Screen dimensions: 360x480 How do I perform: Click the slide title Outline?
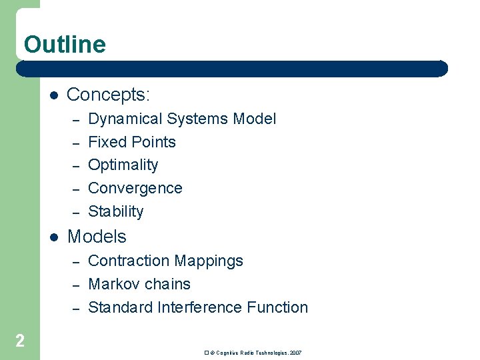[65, 45]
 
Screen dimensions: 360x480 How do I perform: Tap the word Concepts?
[107, 95]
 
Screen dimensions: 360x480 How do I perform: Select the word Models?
[97, 237]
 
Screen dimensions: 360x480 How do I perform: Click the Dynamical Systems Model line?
[181, 119]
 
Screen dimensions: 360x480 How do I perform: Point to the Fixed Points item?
[132, 142]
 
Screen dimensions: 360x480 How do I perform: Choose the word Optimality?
[123, 165]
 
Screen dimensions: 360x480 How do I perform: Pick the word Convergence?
[135, 188]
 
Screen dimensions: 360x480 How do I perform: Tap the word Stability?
[116, 211]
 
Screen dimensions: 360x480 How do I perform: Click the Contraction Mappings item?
[165, 261]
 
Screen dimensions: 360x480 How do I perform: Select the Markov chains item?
[139, 284]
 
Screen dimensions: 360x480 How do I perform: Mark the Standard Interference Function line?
[198, 307]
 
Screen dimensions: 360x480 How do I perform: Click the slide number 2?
[20, 341]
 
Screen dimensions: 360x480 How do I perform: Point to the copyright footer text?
[253, 352]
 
